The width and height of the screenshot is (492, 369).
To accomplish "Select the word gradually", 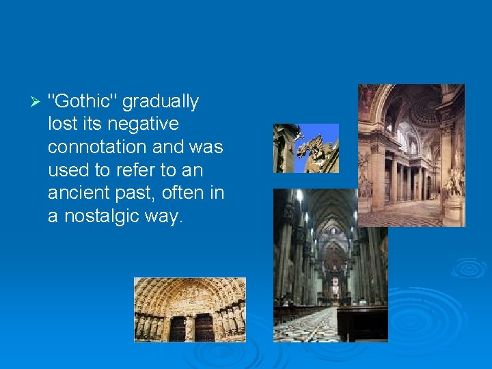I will (161, 102).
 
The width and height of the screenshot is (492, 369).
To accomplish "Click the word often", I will (184, 193).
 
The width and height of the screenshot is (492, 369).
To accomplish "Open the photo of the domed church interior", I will (411, 155).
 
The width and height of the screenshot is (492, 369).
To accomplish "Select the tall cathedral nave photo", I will (330, 265).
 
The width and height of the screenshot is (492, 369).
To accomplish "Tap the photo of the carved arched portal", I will (189, 310).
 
